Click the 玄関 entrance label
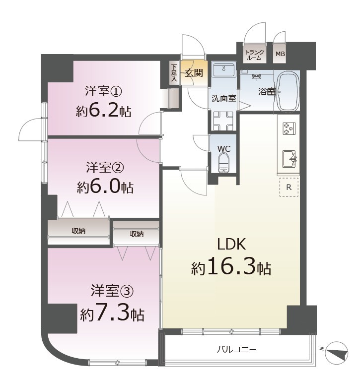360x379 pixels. (194, 73)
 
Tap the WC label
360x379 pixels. (224, 149)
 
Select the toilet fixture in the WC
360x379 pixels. (223, 163)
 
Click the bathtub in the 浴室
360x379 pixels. (288, 91)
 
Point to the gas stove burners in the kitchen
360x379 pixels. (289, 128)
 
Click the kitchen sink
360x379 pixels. (289, 159)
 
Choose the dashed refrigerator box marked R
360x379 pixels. (288, 187)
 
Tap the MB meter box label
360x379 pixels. (280, 54)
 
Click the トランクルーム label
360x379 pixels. (254, 56)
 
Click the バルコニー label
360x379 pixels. (236, 350)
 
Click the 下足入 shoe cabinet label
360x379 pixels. (174, 72)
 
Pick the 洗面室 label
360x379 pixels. (224, 98)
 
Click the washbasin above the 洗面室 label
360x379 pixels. (224, 69)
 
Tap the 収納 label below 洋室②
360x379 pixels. (78, 231)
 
